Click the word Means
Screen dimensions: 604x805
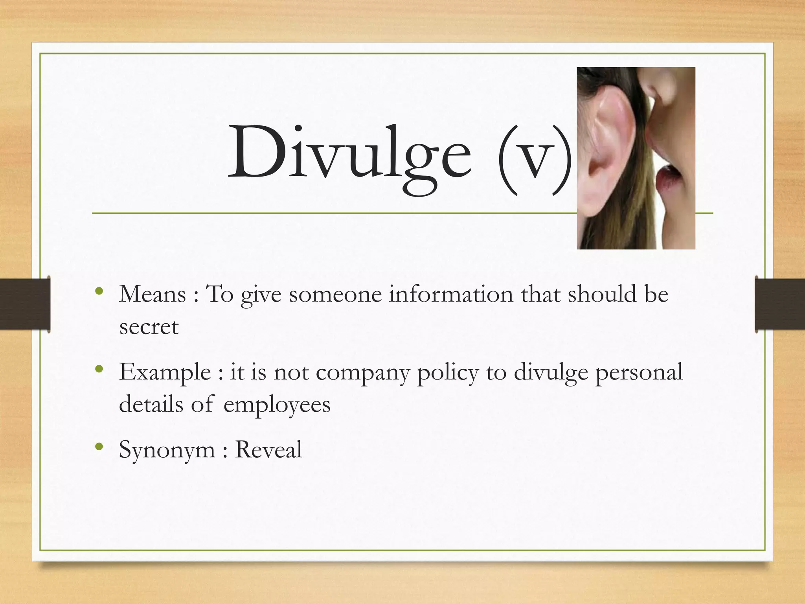152,294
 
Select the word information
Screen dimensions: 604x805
451,294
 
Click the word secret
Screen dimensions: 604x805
149,327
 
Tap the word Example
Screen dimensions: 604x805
165,372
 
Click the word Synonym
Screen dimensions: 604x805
167,450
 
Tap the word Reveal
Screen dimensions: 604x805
268,449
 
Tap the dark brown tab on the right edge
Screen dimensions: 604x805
780,304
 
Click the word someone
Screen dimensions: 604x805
335,294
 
